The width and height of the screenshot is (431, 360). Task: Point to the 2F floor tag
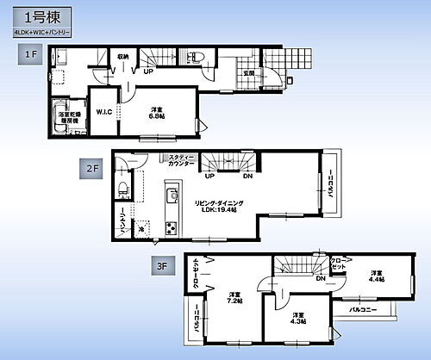click(92, 168)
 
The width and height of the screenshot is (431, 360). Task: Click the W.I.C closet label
click(103, 110)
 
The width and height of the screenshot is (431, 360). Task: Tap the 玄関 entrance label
click(249, 73)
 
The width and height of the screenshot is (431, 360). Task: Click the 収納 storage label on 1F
click(122, 57)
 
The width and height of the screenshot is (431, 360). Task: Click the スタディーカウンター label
click(180, 158)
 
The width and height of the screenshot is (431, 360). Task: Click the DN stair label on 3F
click(319, 278)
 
